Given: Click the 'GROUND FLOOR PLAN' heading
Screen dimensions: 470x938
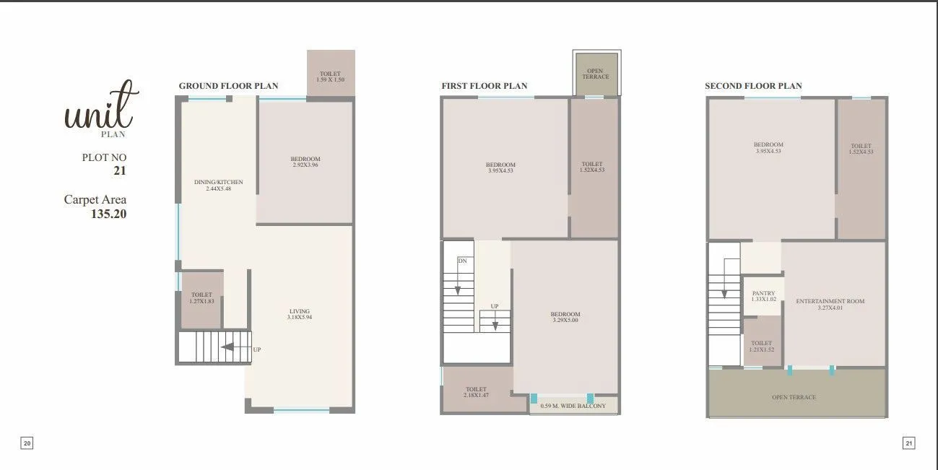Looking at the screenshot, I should pos(228,86).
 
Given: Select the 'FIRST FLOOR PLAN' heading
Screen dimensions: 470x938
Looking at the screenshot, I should pos(485,86).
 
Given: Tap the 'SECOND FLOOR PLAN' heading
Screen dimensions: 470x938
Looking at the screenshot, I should pos(753,86).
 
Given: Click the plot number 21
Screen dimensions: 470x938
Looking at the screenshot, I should pos(119,171).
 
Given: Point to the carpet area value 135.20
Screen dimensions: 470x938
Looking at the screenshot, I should pos(108,214).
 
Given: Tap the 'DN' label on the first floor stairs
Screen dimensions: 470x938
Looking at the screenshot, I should pos(462,261).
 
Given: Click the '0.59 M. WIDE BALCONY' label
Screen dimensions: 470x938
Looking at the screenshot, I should pos(573,406).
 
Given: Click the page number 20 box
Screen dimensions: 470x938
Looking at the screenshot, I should pos(27,443).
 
